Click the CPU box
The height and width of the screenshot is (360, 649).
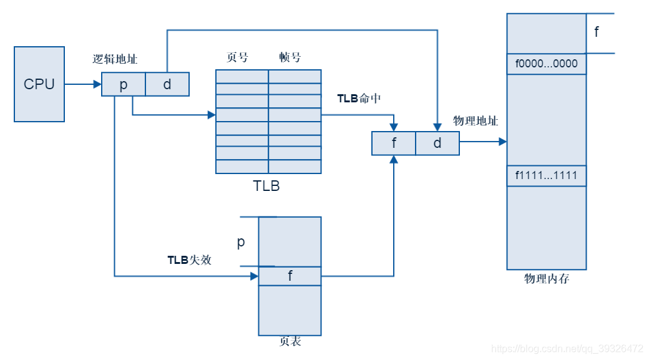click(39, 84)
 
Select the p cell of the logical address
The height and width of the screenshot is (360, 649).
click(124, 84)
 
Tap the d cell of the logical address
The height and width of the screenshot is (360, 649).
click(167, 84)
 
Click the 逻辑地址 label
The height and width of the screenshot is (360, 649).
click(115, 59)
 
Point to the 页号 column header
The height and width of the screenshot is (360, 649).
click(237, 57)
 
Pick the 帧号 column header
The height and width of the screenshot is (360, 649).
click(290, 57)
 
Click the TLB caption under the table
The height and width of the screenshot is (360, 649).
click(266, 185)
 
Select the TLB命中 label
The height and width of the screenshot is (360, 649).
click(359, 99)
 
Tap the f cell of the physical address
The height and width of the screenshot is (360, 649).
click(394, 144)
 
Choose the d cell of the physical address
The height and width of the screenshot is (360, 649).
click(437, 144)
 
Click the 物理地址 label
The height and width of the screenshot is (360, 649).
click(476, 120)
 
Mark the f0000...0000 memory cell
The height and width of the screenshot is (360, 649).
click(547, 64)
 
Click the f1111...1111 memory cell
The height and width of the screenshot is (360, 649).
click(547, 176)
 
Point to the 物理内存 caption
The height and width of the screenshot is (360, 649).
click(547, 279)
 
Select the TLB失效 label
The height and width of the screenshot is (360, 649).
click(189, 260)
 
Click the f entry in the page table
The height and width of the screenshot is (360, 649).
click(290, 276)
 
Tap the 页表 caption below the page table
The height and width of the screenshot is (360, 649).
click(291, 342)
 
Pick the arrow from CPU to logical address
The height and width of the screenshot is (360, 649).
click(83, 84)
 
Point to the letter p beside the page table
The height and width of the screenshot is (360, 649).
click(241, 243)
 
